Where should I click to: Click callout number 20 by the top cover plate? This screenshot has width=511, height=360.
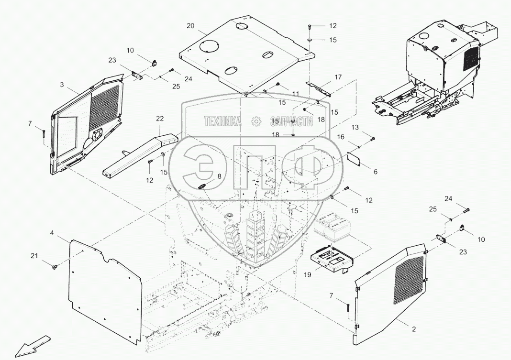(x=190, y=26)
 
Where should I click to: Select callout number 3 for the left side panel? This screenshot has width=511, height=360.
(x=62, y=85)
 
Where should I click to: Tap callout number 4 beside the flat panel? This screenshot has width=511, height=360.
(x=52, y=233)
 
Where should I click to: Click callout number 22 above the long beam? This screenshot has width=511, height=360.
(x=160, y=118)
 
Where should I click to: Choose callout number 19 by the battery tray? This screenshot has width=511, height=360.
(x=308, y=275)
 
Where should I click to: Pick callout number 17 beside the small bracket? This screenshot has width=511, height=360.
(x=338, y=76)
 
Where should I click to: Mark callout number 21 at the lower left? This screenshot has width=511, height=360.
(x=34, y=256)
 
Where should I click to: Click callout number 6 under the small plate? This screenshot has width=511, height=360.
(x=375, y=171)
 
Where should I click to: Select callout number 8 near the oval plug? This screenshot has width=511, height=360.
(x=219, y=176)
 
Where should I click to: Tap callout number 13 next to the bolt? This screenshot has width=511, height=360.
(x=368, y=127)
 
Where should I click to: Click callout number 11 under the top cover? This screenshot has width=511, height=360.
(x=295, y=94)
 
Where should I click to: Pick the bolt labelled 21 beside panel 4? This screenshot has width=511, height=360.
(x=55, y=266)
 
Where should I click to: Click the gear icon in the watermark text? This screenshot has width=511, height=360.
(x=256, y=121)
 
